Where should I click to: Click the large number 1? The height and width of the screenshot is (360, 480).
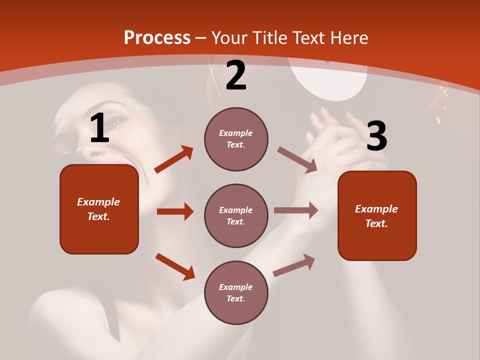[99, 128]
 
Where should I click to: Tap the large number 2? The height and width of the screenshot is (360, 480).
[236, 75]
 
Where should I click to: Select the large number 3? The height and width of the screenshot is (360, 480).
[377, 136]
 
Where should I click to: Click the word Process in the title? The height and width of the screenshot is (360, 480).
[157, 37]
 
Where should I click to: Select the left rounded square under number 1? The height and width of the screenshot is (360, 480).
[99, 209]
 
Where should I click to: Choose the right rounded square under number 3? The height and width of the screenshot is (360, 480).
[377, 215]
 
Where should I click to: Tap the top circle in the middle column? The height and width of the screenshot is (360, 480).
[236, 139]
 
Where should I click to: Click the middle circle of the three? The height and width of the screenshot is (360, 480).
[236, 215]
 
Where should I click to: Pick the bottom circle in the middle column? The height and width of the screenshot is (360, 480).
[236, 292]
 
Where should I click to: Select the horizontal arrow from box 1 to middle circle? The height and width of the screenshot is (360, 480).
[175, 211]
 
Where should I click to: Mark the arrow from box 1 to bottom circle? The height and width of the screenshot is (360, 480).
[175, 266]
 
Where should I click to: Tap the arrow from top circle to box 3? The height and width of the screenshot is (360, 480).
[297, 159]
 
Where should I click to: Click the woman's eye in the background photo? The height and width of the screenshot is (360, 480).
[116, 121]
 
